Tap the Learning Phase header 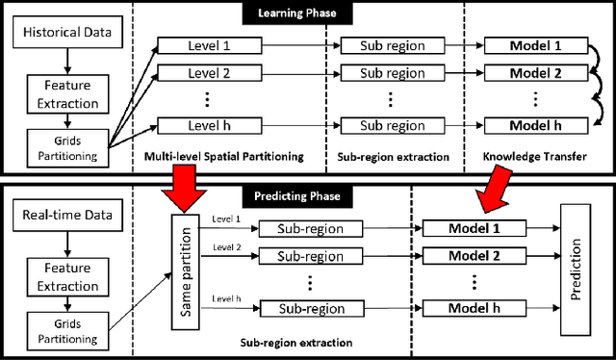(x=307, y=13)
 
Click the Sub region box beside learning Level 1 (x=392, y=45)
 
